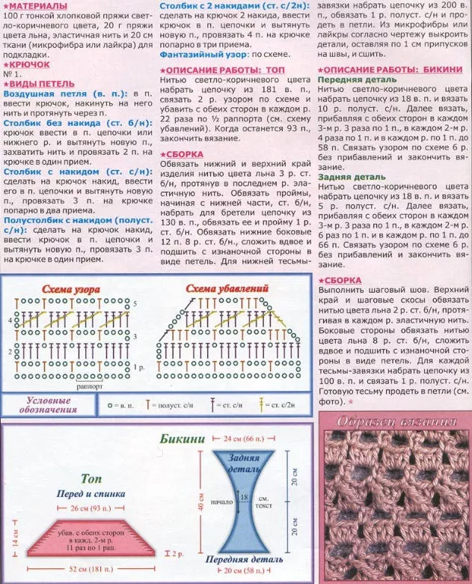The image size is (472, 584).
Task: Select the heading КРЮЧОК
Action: click(30, 65)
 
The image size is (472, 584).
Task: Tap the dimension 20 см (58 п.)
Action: click(247, 571)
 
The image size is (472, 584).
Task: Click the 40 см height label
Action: click(200, 506)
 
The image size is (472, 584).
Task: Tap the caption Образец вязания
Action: click(395, 420)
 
